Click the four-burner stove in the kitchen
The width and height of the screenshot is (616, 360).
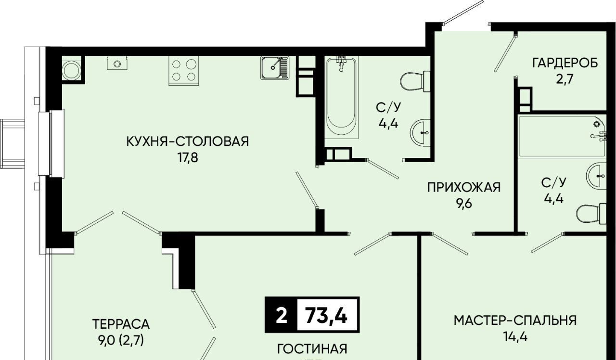pyautogui.click(x=183, y=70)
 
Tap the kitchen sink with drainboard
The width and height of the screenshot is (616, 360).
pyautogui.click(x=275, y=68)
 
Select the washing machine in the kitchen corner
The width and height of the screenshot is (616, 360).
pyautogui.click(x=72, y=70)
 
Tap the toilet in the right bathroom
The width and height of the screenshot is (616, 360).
pyautogui.click(x=591, y=214)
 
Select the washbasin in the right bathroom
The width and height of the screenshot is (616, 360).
pyautogui.click(x=596, y=176)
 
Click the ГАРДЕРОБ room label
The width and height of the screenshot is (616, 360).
pyautogui.click(x=565, y=63)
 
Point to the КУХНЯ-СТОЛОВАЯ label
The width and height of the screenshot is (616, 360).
pyautogui.click(x=188, y=141)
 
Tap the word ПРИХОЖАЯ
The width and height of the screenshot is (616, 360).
pyautogui.click(x=464, y=188)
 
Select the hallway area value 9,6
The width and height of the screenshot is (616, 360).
pyautogui.click(x=464, y=204)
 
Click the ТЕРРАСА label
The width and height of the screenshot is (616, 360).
pyautogui.click(x=121, y=324)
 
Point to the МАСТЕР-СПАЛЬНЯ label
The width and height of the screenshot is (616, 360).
pyautogui.click(x=515, y=321)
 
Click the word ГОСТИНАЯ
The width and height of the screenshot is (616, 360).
pyautogui.click(x=312, y=349)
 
